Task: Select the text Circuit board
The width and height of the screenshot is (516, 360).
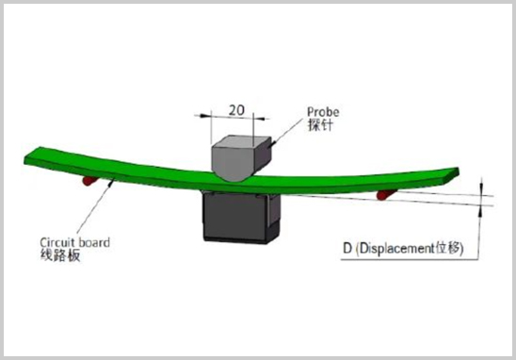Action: [68, 240]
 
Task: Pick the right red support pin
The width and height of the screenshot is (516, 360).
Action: [388, 193]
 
